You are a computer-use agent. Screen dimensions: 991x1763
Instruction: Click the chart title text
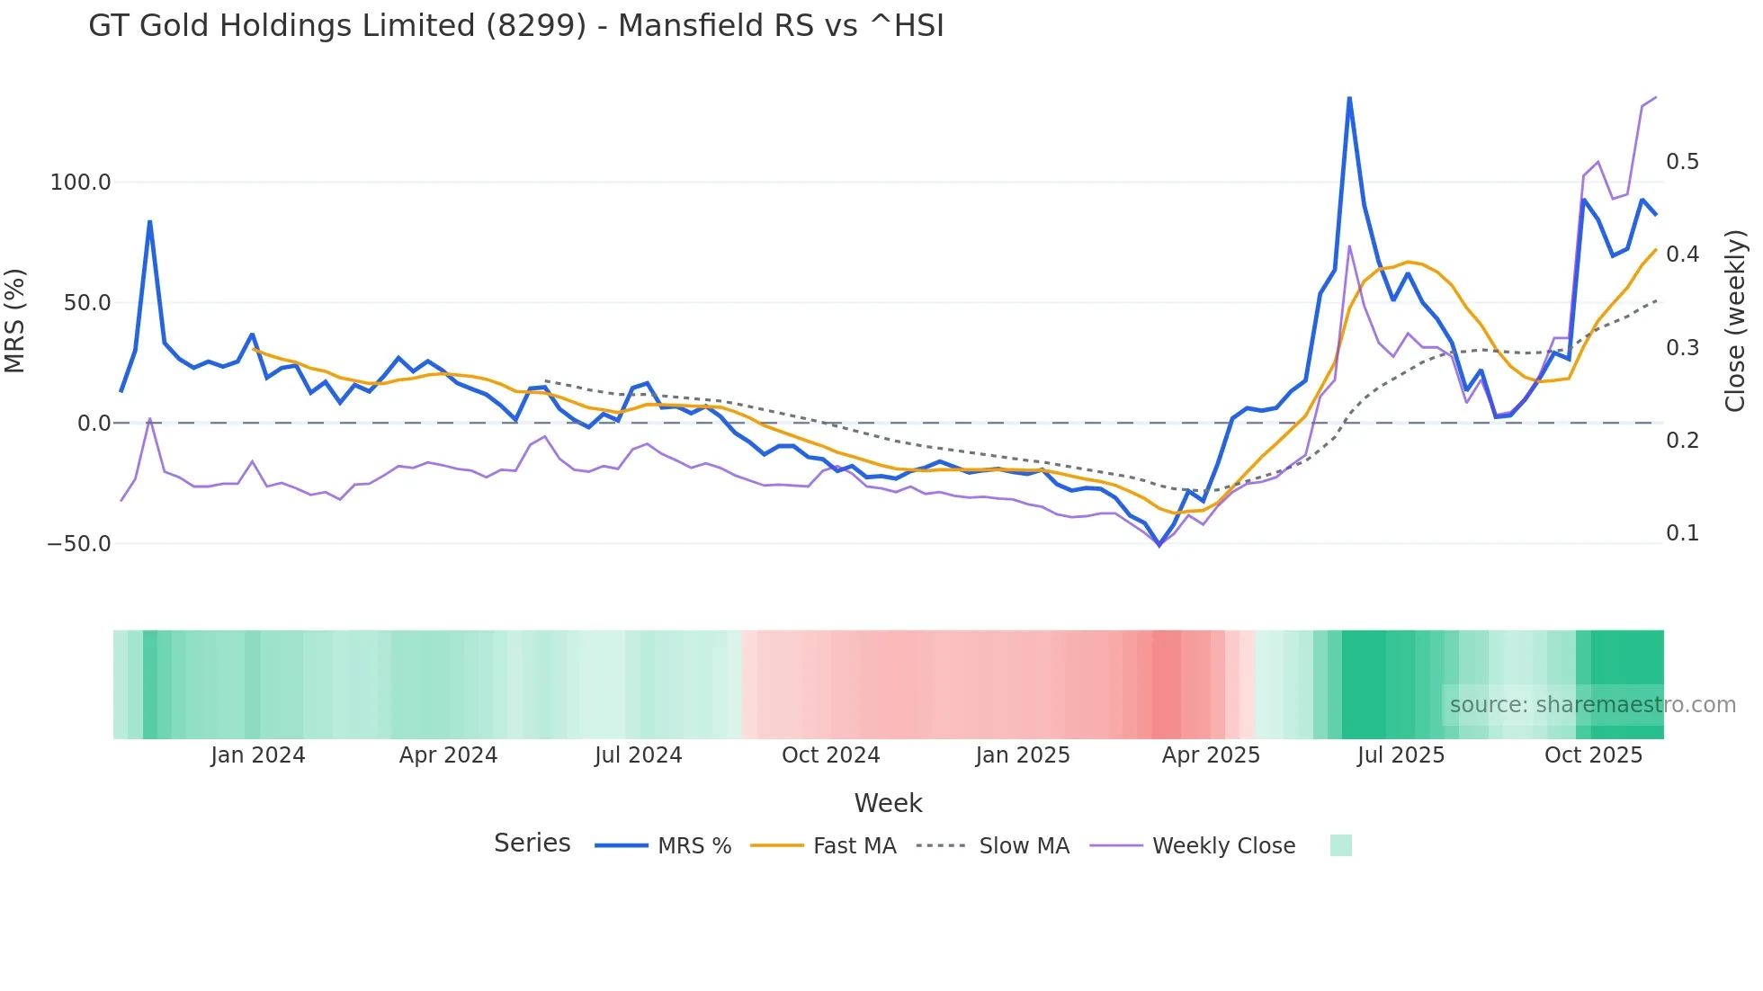click(x=515, y=26)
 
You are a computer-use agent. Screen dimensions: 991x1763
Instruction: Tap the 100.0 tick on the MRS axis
click(x=80, y=183)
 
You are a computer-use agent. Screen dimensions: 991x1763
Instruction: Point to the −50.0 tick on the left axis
click(x=79, y=544)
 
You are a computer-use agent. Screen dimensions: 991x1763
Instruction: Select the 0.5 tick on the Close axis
click(x=1682, y=162)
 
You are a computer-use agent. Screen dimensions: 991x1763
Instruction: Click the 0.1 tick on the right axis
click(x=1682, y=533)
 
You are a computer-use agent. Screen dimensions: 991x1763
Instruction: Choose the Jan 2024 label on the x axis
click(x=258, y=755)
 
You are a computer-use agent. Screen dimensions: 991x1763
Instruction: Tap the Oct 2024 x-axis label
click(x=830, y=755)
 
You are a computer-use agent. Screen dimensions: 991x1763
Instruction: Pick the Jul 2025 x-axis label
click(x=1401, y=755)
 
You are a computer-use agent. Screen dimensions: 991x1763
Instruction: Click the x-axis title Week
click(x=888, y=803)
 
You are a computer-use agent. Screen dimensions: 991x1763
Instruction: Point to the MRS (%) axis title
click(x=15, y=320)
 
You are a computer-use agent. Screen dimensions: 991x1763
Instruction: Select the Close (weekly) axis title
click(x=1734, y=320)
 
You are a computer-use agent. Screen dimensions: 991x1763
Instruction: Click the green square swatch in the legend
click(x=1340, y=845)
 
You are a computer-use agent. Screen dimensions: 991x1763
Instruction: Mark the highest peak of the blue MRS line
click(x=1349, y=98)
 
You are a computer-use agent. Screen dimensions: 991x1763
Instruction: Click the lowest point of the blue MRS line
click(x=1159, y=545)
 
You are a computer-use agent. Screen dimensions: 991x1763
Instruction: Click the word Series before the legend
click(x=532, y=844)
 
